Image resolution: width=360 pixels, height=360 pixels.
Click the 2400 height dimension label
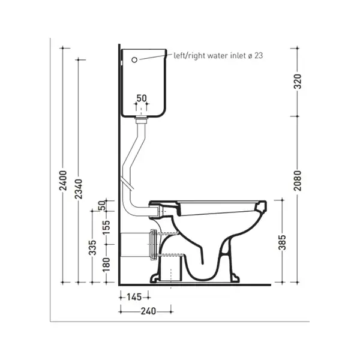pyautogui.click(x=63, y=181)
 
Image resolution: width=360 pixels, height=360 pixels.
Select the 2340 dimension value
pyautogui.click(x=79, y=189)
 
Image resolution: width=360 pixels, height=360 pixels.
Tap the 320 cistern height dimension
pyautogui.click(x=298, y=82)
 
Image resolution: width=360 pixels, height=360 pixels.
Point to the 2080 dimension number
pyautogui.click(x=298, y=181)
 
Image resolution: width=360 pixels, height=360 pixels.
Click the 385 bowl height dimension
pyautogui.click(x=283, y=242)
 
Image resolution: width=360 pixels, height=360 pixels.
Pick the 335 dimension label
pyautogui.click(x=92, y=248)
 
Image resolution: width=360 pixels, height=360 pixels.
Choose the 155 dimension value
pyautogui.click(x=106, y=227)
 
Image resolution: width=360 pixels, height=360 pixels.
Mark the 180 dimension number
pyautogui.click(x=106, y=265)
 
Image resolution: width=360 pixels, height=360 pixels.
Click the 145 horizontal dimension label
pyautogui.click(x=134, y=298)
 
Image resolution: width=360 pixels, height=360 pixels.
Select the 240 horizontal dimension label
pyautogui.click(x=148, y=311)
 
